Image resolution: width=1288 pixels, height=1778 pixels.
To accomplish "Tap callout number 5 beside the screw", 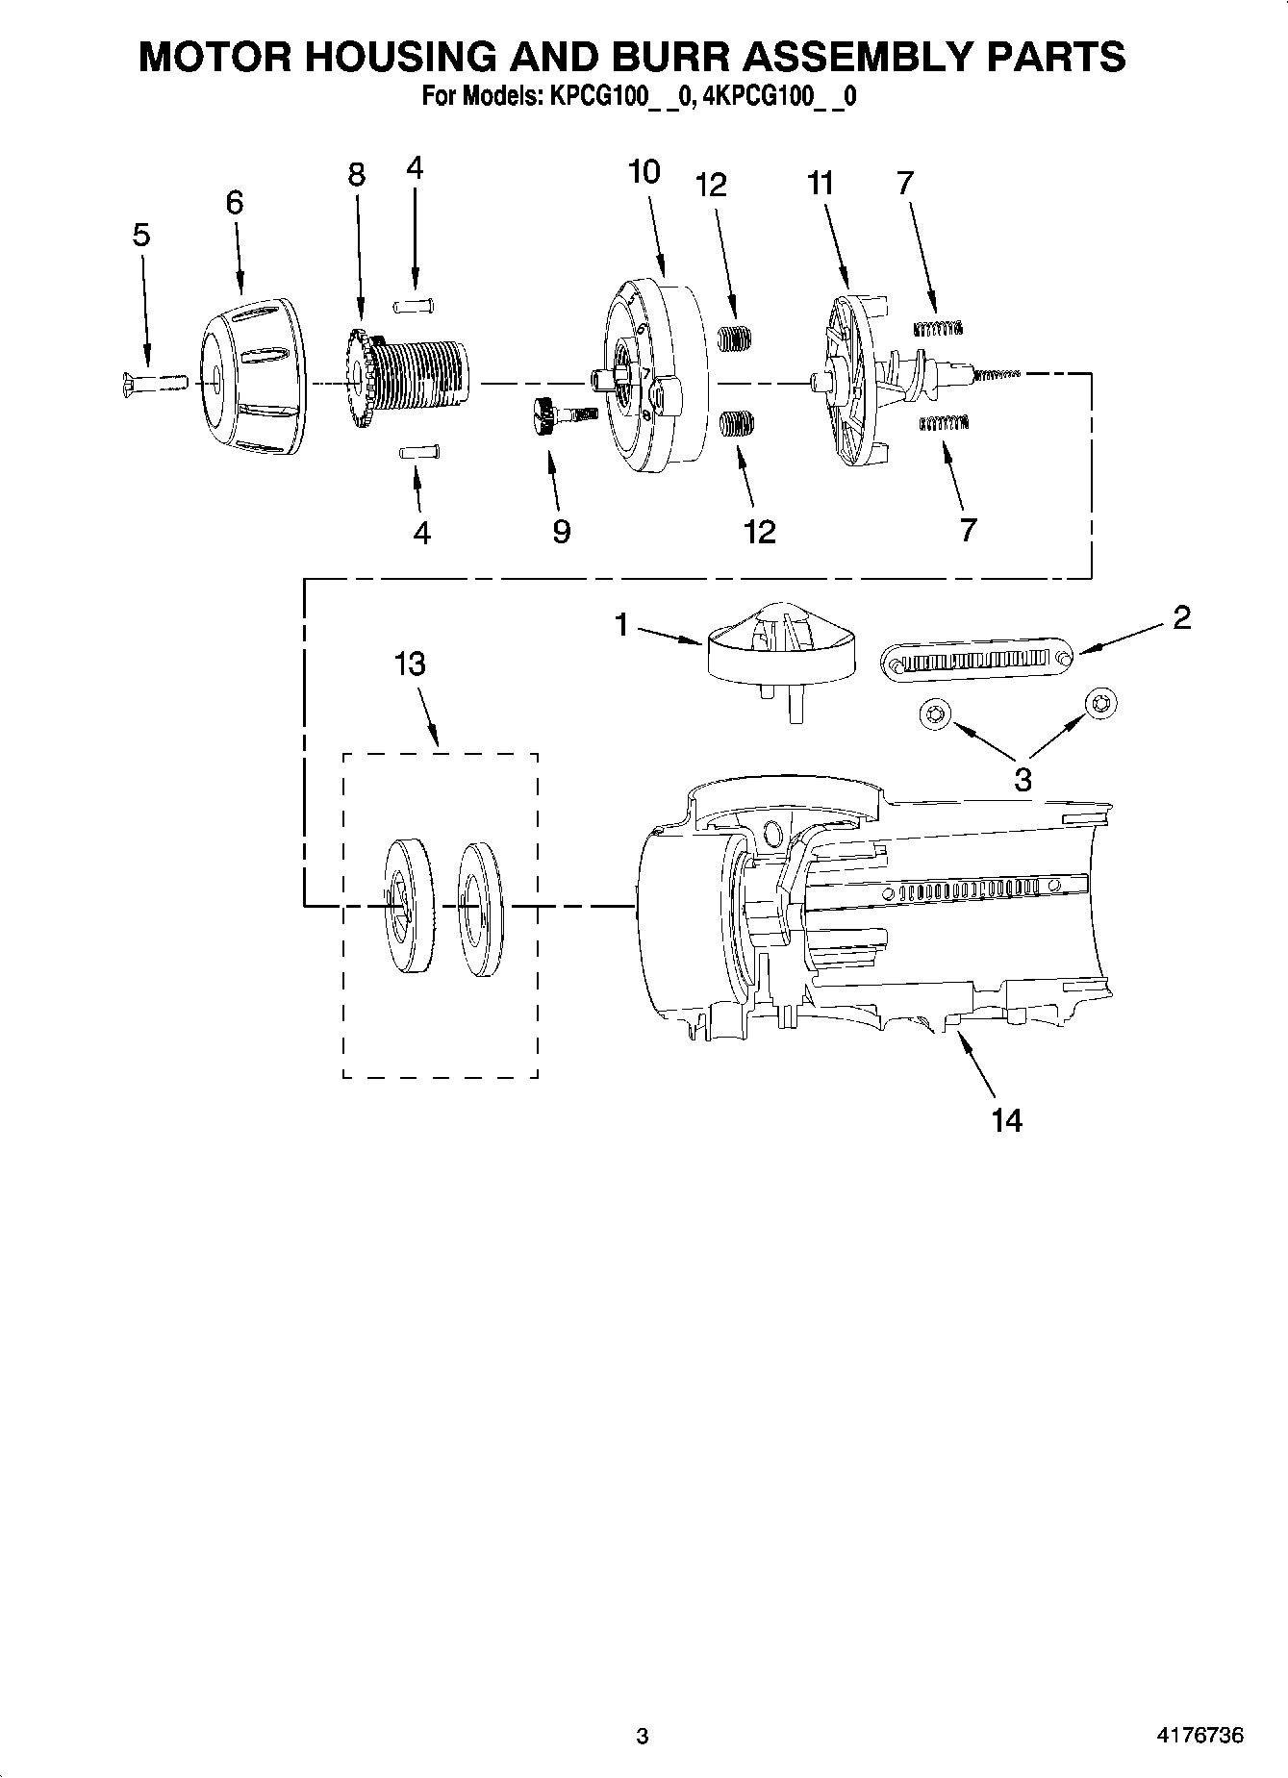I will (141, 236).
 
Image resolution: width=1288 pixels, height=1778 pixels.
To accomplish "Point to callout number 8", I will (357, 175).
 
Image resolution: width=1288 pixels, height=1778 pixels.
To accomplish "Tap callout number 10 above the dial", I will (644, 172).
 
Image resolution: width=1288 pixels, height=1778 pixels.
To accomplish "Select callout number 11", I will (820, 183).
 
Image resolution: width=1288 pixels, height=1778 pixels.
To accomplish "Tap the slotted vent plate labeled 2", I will (977, 660).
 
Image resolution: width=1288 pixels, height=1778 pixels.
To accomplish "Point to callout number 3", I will (1022, 779).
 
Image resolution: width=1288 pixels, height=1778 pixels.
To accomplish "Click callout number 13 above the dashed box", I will (410, 664).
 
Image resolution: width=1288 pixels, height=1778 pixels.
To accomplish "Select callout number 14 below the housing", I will (1006, 1119).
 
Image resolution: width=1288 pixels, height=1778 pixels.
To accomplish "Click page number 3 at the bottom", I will (643, 1737).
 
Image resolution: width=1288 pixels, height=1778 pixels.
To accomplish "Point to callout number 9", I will (562, 531).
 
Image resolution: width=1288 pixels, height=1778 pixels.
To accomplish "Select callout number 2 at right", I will (1181, 617).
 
